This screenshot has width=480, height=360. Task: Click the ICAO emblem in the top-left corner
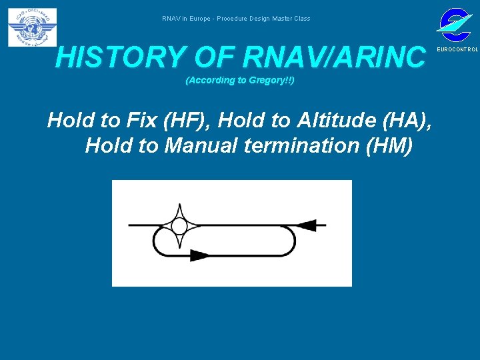click(x=32, y=27)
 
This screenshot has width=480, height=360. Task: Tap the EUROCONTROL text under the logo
click(x=457, y=50)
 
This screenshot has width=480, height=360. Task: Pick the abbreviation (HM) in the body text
click(x=391, y=145)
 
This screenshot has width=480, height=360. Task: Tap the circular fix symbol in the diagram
click(x=179, y=227)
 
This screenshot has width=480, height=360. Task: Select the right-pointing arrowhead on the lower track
click(x=199, y=255)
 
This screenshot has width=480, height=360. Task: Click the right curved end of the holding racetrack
click(x=291, y=241)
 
